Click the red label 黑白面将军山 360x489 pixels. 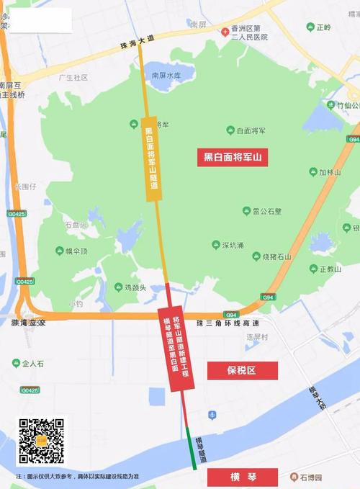tap(233, 157)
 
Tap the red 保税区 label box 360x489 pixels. tap(242, 370)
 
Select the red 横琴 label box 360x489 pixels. tap(242, 477)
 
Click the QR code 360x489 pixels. tap(41, 440)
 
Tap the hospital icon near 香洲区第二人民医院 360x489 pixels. tap(225, 32)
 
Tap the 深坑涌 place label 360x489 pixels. tap(232, 246)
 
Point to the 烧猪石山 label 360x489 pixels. tap(276, 256)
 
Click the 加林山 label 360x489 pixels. tap(329, 172)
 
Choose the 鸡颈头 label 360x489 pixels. tap(135, 287)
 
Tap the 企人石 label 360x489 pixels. tap(33, 364)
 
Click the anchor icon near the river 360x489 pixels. tap(212, 415)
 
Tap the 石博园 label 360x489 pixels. tap(311, 477)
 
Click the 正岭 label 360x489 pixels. tap(323, 27)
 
